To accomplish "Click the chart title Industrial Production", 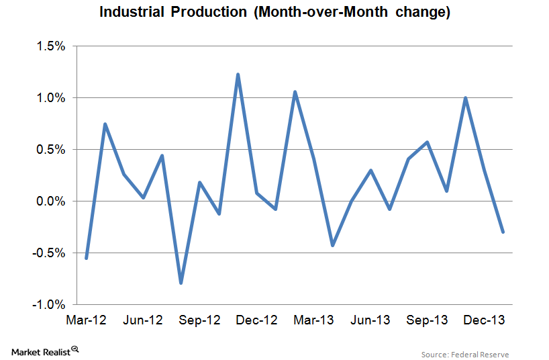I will [x=274, y=12].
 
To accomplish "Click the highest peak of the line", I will [x=238, y=74].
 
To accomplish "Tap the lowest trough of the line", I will [x=181, y=283].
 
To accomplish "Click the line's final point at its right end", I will [x=503, y=232].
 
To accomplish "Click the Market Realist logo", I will [x=46, y=351].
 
